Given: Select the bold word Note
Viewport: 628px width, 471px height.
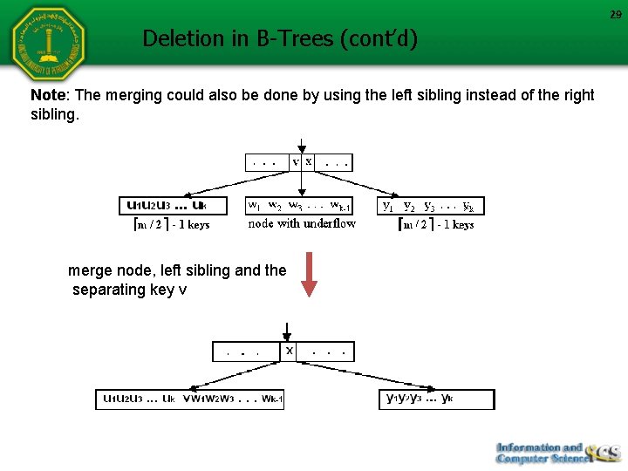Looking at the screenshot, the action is coord(49,95).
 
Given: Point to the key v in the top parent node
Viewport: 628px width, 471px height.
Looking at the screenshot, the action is coord(296,161).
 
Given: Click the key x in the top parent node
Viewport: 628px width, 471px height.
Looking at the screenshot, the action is coord(309,161).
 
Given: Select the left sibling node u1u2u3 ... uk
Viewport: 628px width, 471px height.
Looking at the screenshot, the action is coord(173,206).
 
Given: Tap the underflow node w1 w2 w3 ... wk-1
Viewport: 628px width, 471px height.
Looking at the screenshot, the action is coord(299,206).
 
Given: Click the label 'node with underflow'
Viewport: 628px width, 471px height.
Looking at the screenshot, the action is coord(302,223).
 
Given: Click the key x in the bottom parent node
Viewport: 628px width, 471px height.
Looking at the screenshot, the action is coord(290,350).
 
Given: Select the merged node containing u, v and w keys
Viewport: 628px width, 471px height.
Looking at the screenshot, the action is coord(190,399).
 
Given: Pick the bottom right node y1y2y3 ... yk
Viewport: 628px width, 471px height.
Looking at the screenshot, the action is coord(437,399).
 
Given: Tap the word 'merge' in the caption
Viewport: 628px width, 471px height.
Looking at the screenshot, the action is coord(89,270).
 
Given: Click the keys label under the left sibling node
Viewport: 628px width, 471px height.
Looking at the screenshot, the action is coord(170,224).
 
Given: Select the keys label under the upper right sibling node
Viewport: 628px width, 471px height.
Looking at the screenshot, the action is coord(435,224).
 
